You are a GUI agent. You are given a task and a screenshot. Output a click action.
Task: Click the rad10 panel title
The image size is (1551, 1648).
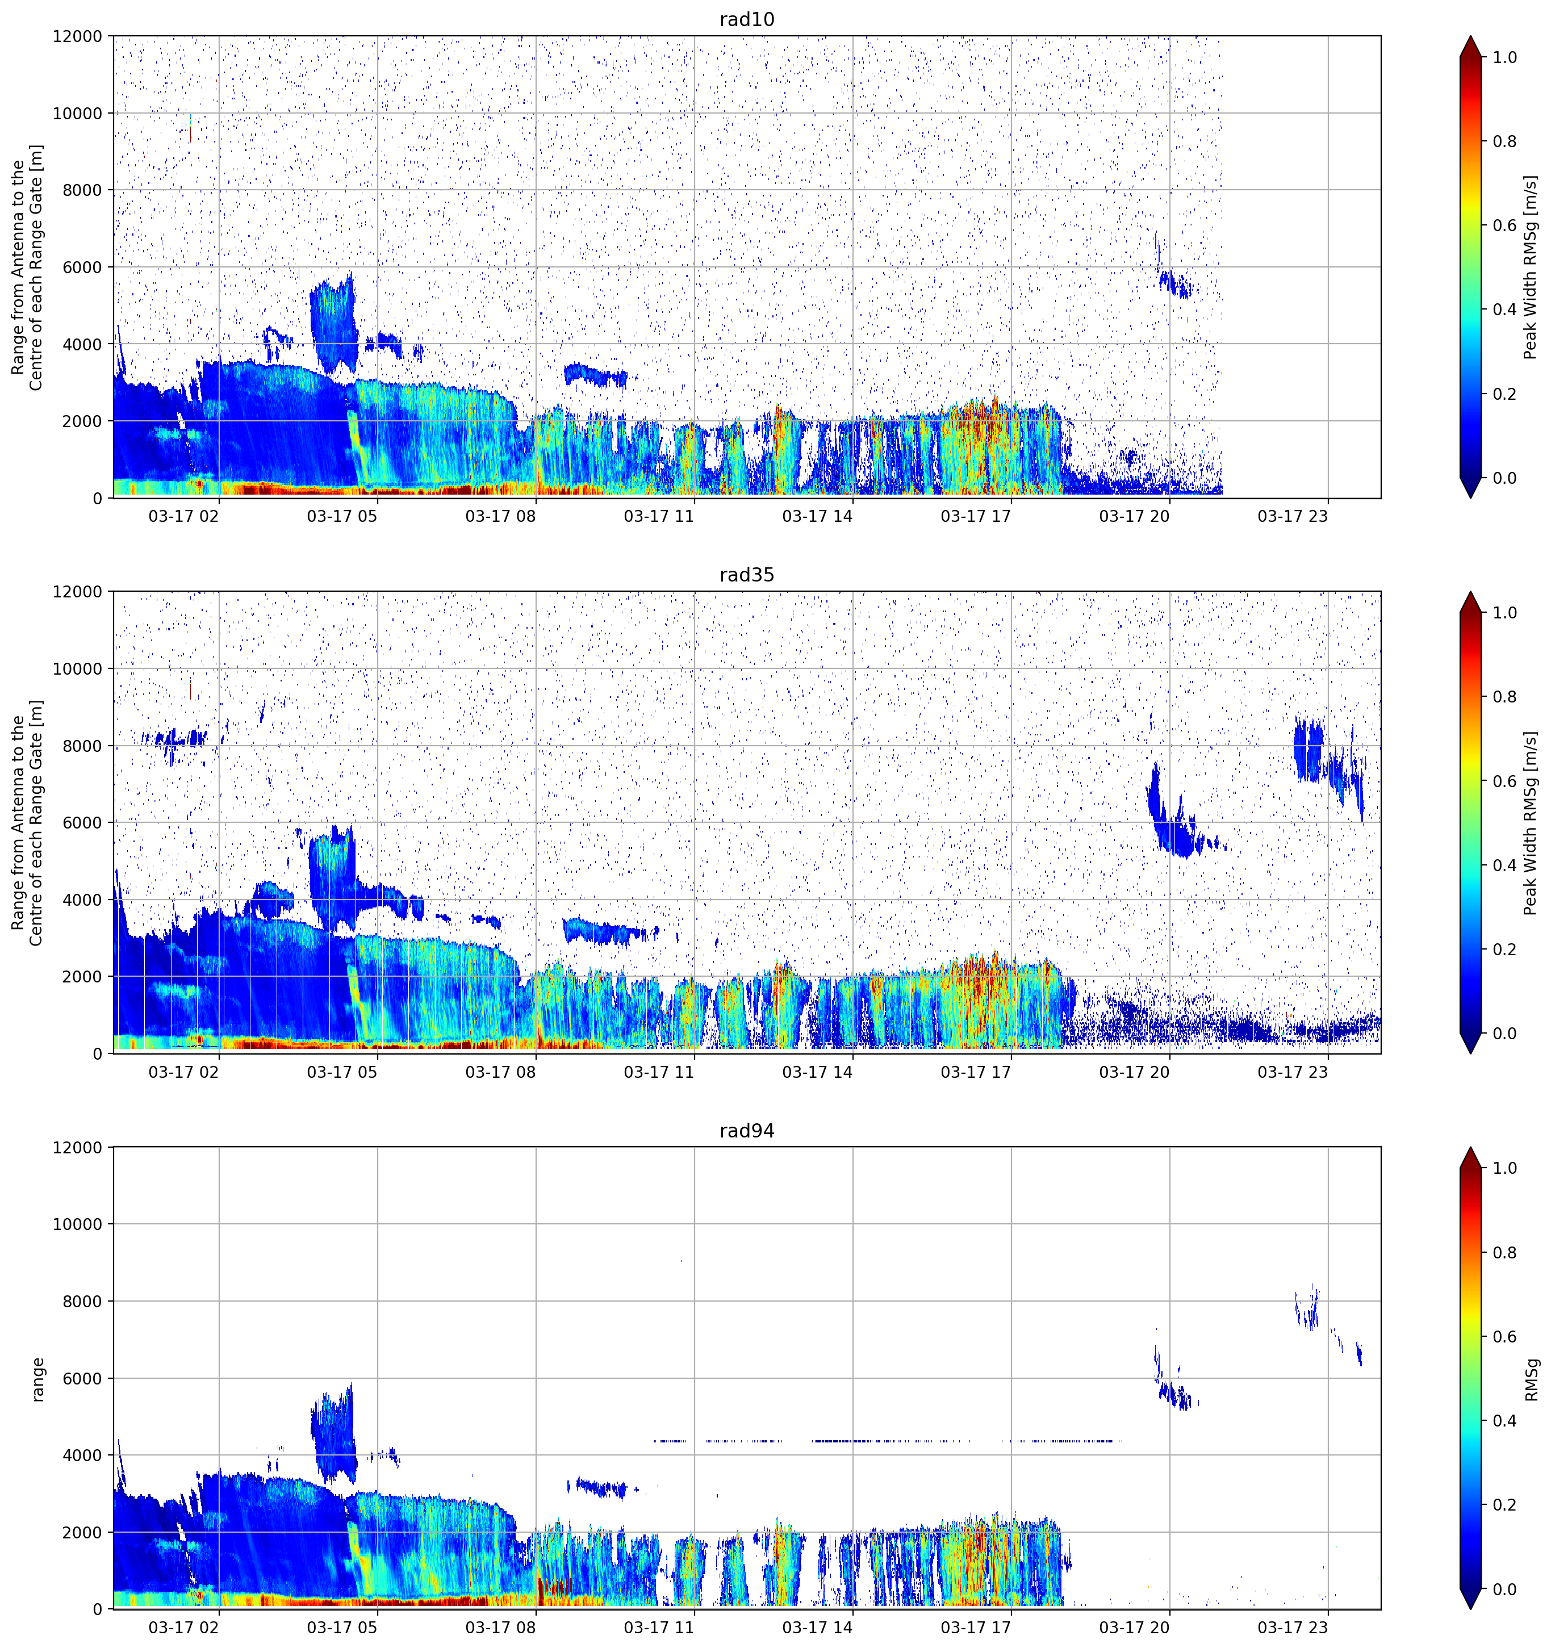coord(747,19)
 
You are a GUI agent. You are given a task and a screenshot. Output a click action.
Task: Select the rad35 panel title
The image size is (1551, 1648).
coord(747,575)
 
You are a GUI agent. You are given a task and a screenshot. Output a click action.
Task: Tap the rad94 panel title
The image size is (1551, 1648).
coord(747,1131)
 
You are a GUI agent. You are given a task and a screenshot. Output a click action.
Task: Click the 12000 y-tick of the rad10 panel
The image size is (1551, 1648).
coord(78,36)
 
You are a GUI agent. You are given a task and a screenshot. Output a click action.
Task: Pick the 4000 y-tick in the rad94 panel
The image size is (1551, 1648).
coord(83,1455)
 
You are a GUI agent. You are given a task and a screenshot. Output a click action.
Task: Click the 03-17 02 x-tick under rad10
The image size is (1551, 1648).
coord(184,516)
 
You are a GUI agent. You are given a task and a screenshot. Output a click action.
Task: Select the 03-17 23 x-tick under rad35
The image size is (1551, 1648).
coord(1293,1072)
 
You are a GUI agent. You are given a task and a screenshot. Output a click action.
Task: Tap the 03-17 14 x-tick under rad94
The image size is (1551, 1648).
coord(817,1628)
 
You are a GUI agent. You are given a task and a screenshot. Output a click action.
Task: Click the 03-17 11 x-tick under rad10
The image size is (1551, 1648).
coord(659,516)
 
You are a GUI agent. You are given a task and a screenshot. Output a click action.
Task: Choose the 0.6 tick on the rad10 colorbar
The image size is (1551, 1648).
coord(1504,225)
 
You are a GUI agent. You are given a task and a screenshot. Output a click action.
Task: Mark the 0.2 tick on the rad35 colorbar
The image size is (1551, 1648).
coord(1504,949)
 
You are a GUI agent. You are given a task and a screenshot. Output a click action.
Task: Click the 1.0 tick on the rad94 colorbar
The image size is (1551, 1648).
coord(1504,1168)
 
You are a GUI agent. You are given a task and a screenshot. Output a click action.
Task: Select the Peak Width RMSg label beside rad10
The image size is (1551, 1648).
coord(1531,267)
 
